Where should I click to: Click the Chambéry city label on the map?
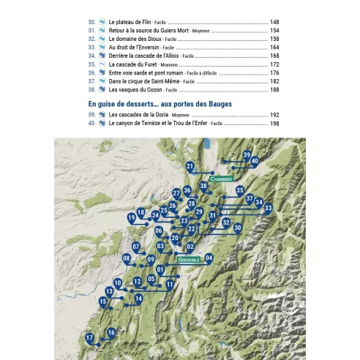coord(220,179)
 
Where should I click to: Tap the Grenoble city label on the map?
coord(189,260)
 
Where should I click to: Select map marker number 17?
coord(89,339)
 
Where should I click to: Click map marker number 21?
coord(190,168)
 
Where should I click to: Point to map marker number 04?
coord(209,258)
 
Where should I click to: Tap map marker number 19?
coord(132,217)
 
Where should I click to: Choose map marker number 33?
coord(269,208)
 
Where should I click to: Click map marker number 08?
coord(127,258)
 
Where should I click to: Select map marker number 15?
coord(103,301)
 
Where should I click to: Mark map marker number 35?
coord(240,191)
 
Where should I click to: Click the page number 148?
coord(274,23)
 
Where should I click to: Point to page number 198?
coord(274,124)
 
